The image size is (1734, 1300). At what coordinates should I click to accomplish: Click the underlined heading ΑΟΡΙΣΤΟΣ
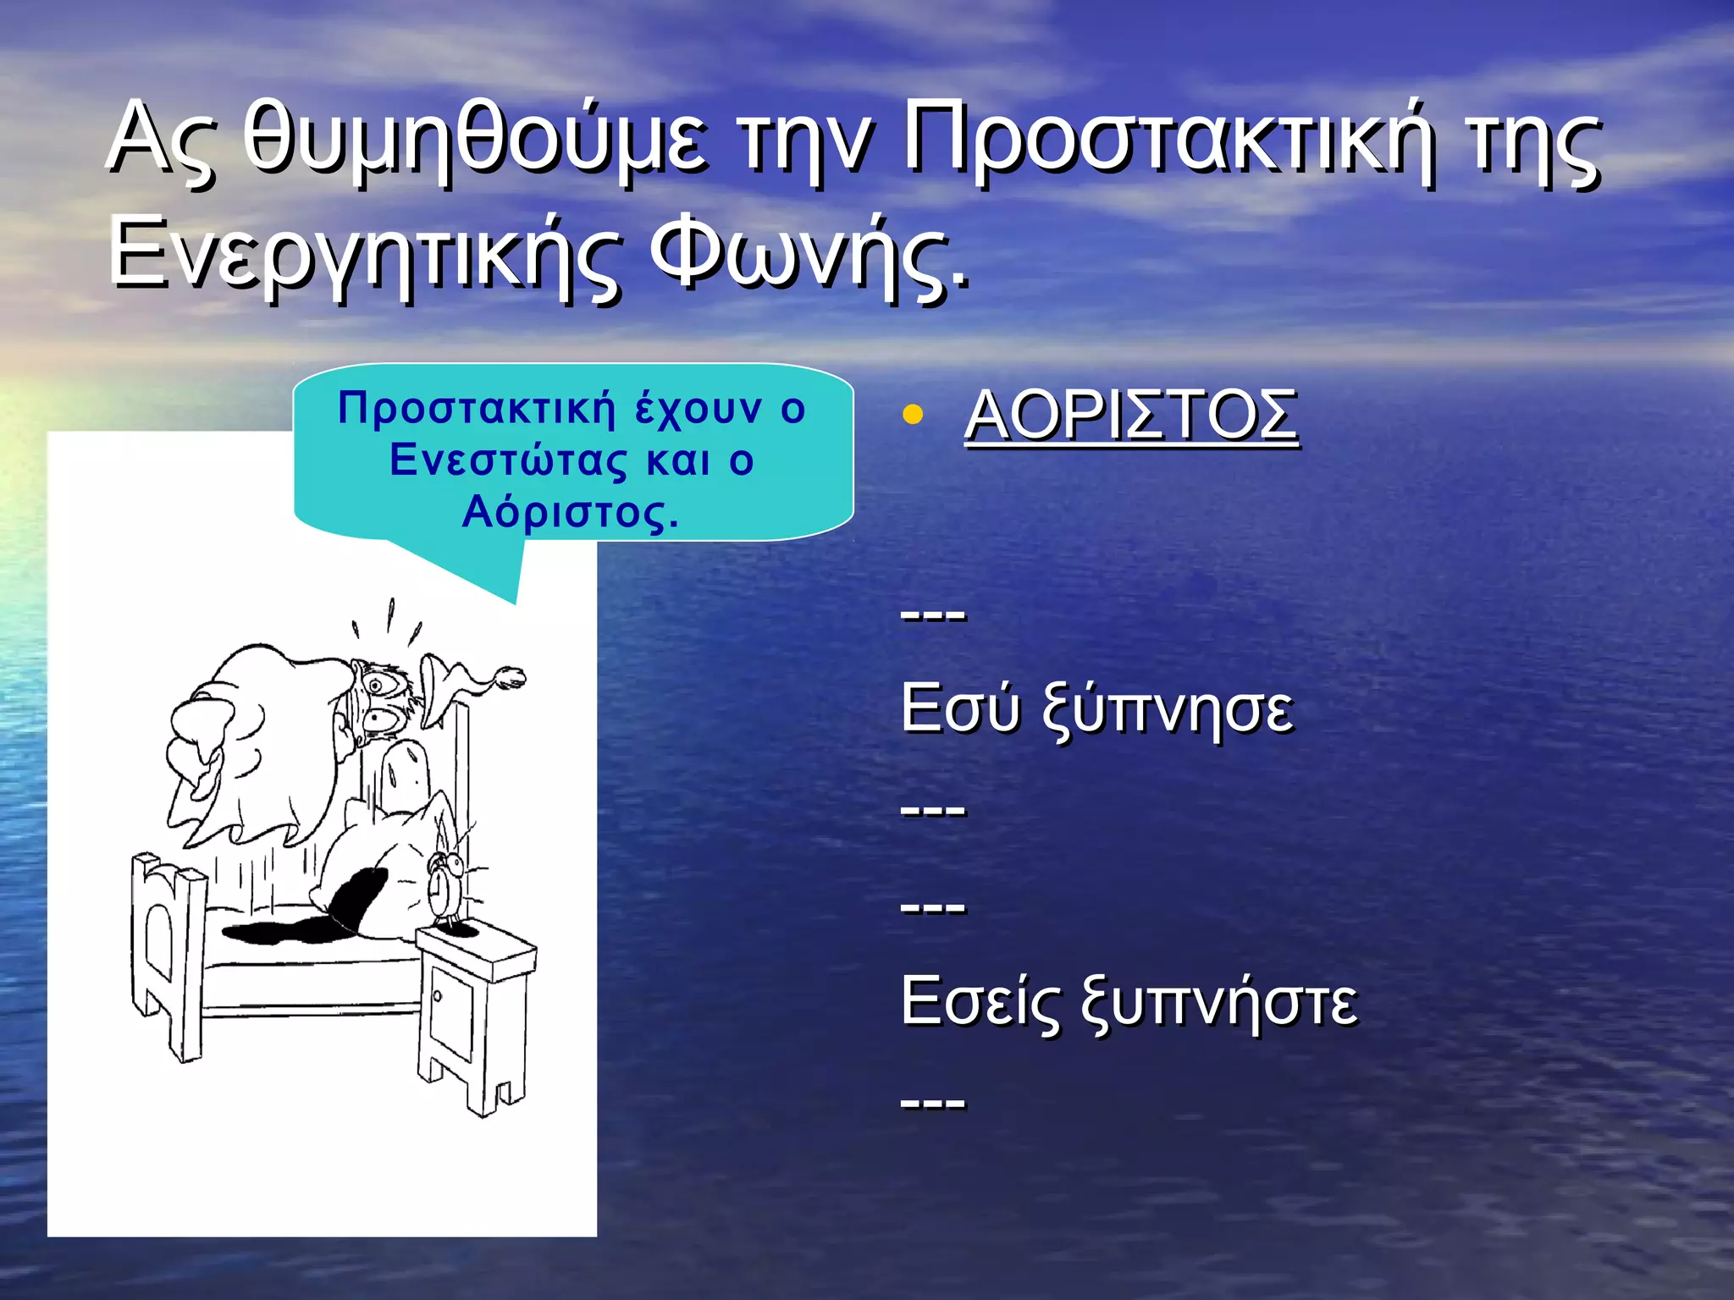(x=1130, y=416)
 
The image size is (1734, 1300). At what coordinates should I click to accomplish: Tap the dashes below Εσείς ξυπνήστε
(x=933, y=1102)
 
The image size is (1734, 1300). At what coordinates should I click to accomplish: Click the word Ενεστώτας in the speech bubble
(x=508, y=461)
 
